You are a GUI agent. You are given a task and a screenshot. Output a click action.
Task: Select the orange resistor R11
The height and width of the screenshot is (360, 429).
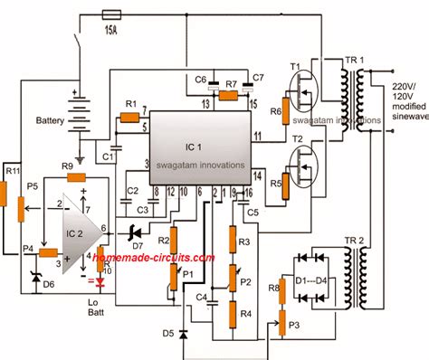(10, 194)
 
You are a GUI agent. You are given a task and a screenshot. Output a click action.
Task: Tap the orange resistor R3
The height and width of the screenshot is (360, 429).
(234, 242)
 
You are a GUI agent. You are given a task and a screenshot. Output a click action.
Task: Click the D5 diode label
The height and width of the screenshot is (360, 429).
(167, 332)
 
